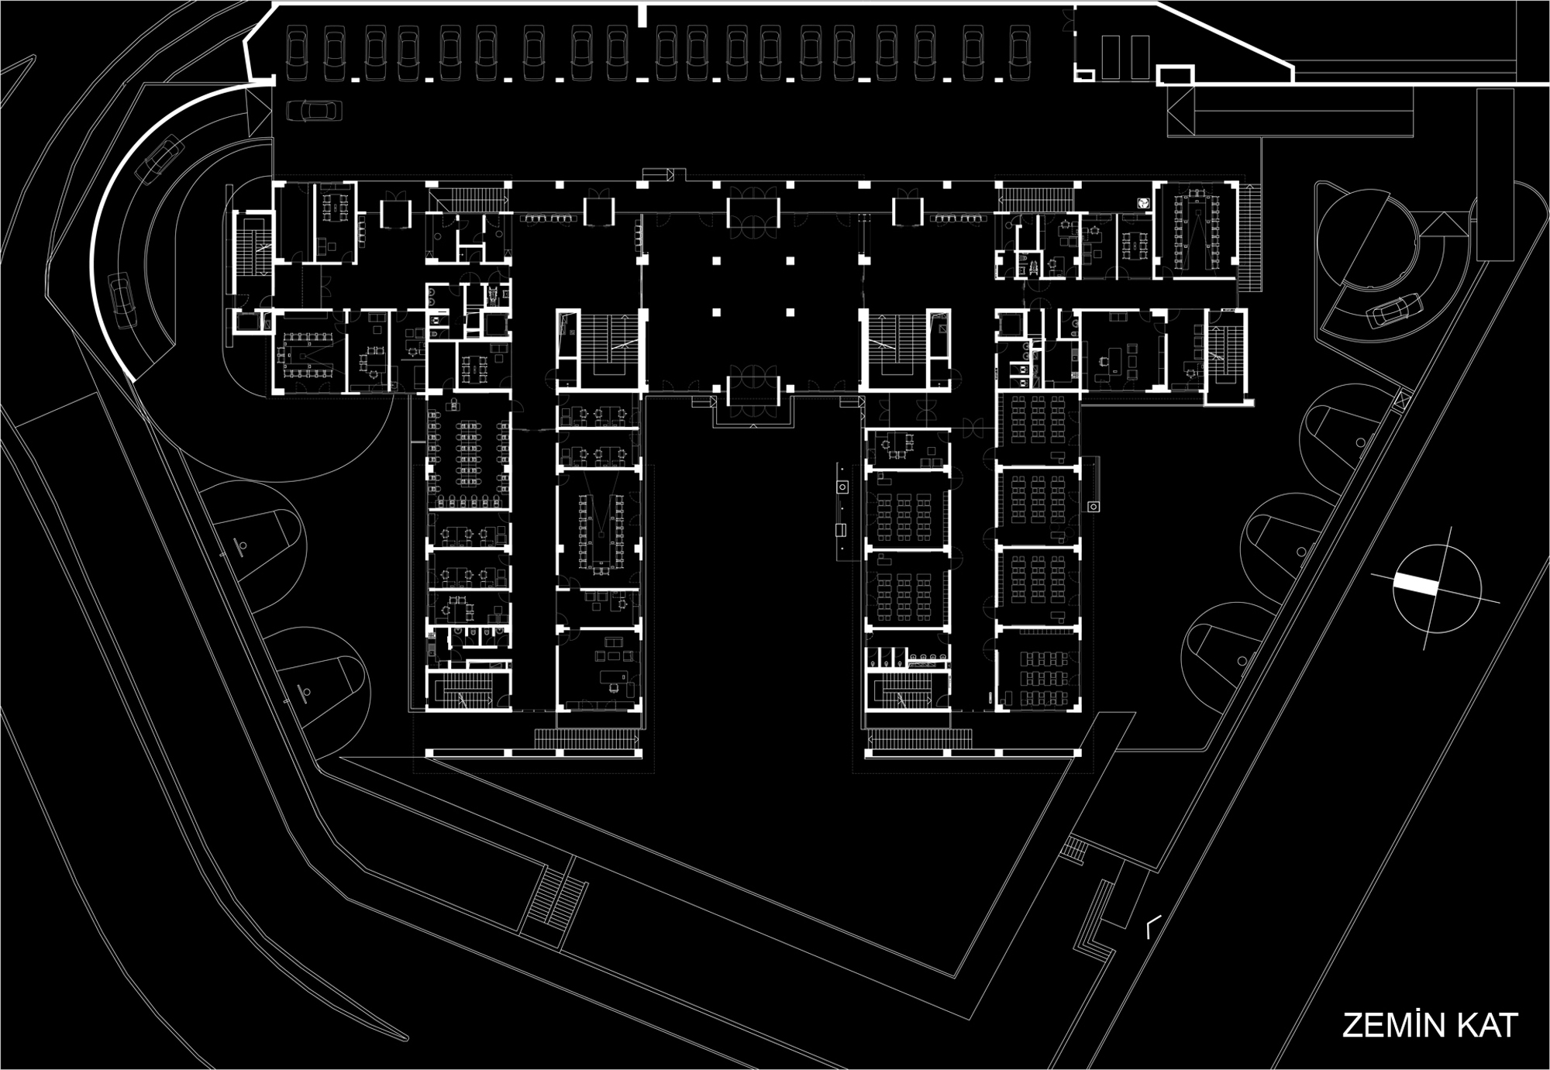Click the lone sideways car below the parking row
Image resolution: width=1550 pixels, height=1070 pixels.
point(315,111)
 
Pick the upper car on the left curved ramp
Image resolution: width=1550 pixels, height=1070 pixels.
point(160,160)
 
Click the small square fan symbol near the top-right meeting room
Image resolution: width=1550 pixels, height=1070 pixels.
point(1142,202)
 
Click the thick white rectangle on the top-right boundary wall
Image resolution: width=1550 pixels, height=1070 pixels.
point(1175,75)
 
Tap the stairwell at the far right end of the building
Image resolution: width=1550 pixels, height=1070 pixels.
point(1226,356)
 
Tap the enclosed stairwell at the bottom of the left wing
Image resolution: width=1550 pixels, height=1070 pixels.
point(467,690)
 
